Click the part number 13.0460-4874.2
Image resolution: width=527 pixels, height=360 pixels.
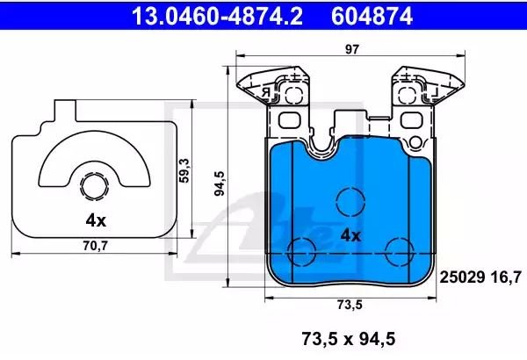(217, 16)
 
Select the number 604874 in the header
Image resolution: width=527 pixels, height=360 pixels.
(372, 16)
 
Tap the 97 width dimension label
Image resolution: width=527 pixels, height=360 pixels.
(352, 49)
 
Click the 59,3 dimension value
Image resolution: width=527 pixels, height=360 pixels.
(184, 170)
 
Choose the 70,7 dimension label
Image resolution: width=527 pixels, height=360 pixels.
(95, 246)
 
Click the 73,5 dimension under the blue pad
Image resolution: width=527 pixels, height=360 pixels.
(350, 305)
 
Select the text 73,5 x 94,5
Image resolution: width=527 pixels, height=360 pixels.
(349, 338)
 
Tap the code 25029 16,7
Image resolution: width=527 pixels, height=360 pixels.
(480, 277)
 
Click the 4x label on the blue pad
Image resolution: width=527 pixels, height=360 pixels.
(350, 235)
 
